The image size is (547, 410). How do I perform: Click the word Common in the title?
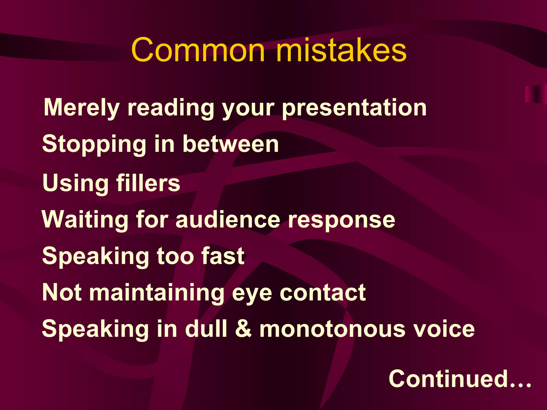click(198, 50)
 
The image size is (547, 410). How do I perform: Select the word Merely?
click(81, 107)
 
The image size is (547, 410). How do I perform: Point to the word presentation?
click(354, 108)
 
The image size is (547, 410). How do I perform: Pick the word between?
click(231, 144)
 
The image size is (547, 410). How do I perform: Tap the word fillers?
click(148, 183)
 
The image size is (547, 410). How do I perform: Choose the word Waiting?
click(85, 219)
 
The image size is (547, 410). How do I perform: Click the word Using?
click(75, 183)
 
